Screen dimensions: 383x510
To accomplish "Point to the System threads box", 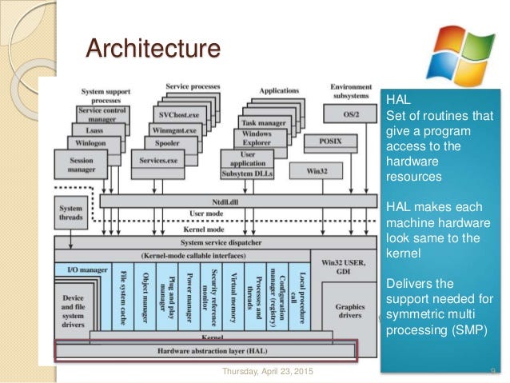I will [70, 213].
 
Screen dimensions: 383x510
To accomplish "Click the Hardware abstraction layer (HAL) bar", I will [206, 350].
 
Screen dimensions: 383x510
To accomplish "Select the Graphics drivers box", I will [349, 310].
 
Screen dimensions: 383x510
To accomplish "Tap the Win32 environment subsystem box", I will [307, 170].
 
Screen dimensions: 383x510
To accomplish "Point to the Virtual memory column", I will [233, 296].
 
